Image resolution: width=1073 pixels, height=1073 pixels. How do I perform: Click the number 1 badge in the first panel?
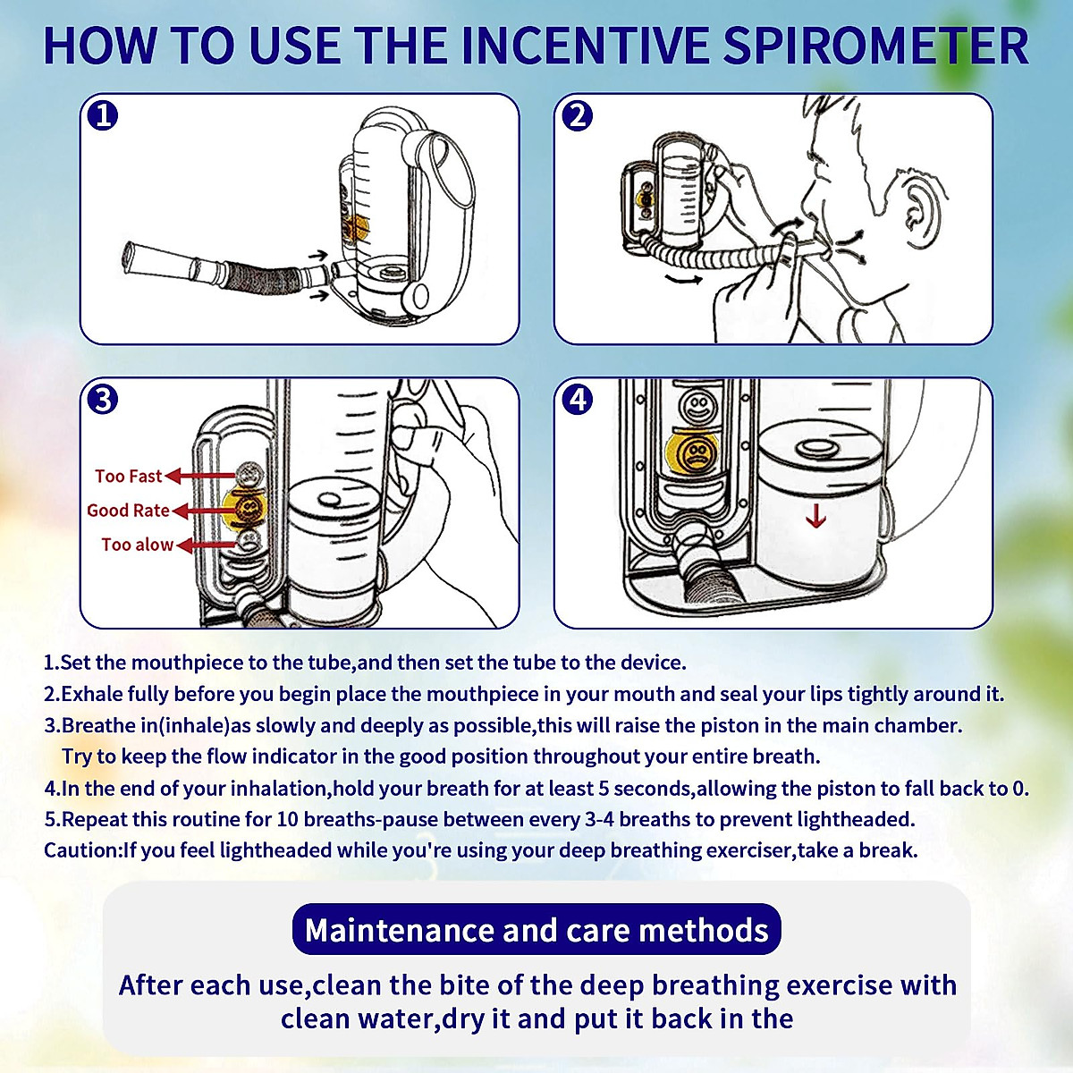point(104,115)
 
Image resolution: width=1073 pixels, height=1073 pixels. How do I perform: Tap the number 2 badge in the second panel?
point(579,115)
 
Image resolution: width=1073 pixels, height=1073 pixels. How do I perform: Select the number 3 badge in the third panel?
point(104,399)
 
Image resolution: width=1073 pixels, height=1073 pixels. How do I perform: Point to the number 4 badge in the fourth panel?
point(579,399)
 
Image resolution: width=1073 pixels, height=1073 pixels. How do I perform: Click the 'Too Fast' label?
point(129,477)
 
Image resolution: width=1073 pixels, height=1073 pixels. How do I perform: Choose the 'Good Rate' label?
point(128,511)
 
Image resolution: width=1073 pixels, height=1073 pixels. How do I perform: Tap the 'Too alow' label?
point(137,545)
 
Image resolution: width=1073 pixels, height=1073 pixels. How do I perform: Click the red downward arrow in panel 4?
point(815,516)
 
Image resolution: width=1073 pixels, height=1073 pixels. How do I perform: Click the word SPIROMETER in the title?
point(875,46)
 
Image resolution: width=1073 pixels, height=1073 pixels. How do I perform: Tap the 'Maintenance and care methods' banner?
point(536,930)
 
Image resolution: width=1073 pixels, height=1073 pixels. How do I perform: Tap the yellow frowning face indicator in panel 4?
point(693,453)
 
